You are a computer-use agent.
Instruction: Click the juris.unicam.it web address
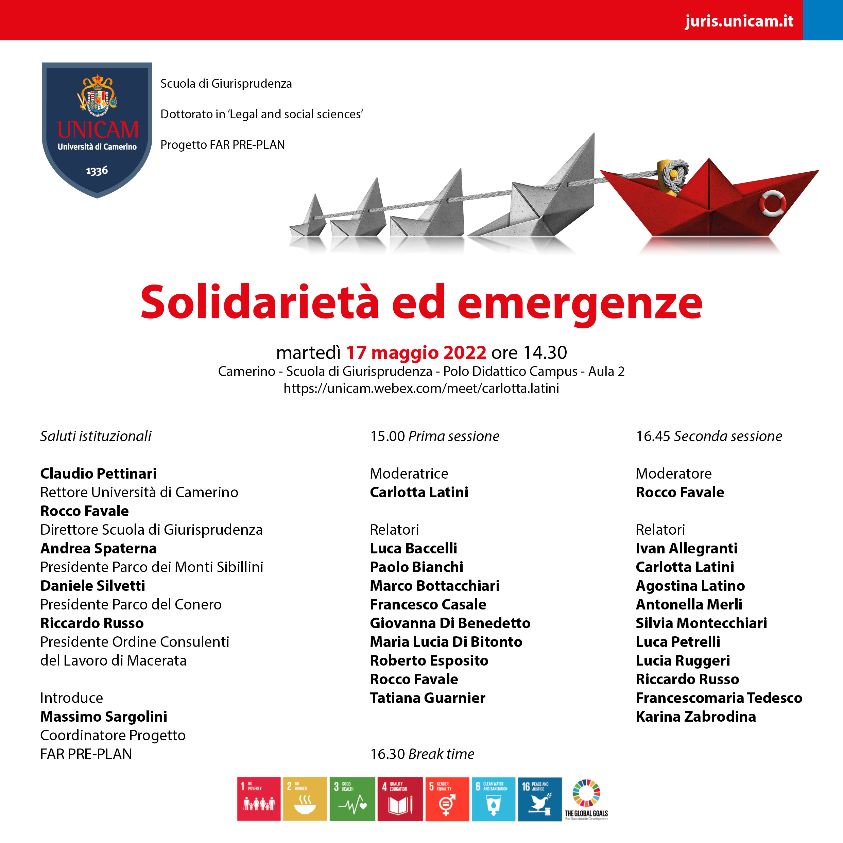point(739,21)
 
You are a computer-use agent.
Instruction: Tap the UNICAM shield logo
point(97,129)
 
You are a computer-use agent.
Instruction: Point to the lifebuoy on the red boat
point(772,203)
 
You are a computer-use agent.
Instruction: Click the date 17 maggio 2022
point(416,352)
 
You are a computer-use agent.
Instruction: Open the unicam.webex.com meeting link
point(421,388)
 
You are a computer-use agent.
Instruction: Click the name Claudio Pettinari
point(98,474)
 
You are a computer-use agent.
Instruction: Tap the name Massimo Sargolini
point(103,717)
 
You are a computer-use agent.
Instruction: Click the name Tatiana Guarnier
point(427,698)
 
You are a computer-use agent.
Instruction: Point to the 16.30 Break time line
point(422,754)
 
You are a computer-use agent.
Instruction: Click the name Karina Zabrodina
point(695,717)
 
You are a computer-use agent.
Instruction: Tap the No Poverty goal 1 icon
point(258,799)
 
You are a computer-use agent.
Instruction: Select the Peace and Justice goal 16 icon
point(540,799)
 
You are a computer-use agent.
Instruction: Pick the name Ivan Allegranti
point(686,548)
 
